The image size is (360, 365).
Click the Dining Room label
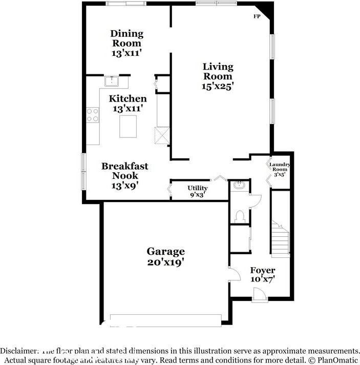pos(127,38)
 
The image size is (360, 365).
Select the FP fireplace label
pos(257,16)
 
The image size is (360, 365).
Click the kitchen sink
pos(112,81)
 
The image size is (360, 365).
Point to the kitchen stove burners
pos(93,115)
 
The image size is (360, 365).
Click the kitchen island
pos(128,126)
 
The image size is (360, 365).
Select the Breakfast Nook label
pos(125,171)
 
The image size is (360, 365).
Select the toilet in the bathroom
pos(239,216)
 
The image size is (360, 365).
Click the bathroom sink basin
pos(239,186)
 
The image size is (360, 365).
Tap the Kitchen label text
pos(128,98)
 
